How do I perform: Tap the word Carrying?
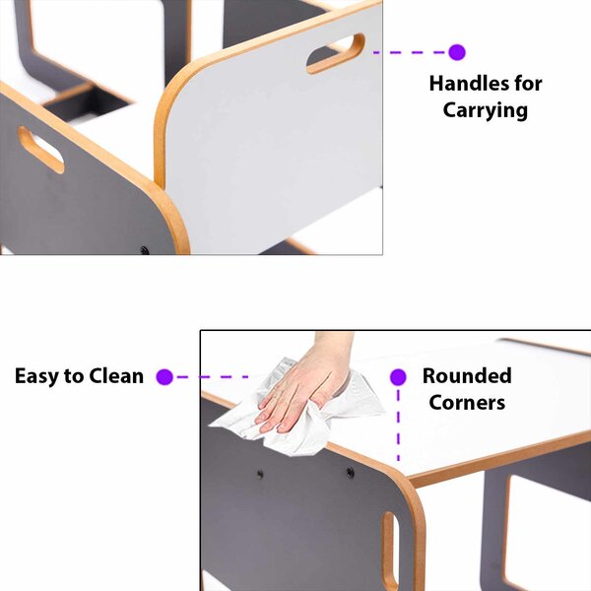coord(485,110)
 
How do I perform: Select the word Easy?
coord(36,376)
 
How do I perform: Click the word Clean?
coord(116,376)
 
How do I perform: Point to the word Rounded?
coord(467,376)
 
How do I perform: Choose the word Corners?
coord(467,403)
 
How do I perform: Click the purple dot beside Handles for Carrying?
coord(457,52)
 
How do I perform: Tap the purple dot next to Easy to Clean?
coord(164,376)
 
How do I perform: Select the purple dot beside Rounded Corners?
coord(398,377)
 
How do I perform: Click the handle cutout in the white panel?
coord(336,53)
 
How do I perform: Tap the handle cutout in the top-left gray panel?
coord(40,150)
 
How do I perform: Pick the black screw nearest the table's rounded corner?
coord(350,472)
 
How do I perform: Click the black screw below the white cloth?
coord(260,474)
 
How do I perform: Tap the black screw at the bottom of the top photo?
coord(145,250)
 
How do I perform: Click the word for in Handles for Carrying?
coord(528,84)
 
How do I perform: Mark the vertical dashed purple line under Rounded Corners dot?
coord(398,425)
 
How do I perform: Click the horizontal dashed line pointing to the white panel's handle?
coord(411,52)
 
